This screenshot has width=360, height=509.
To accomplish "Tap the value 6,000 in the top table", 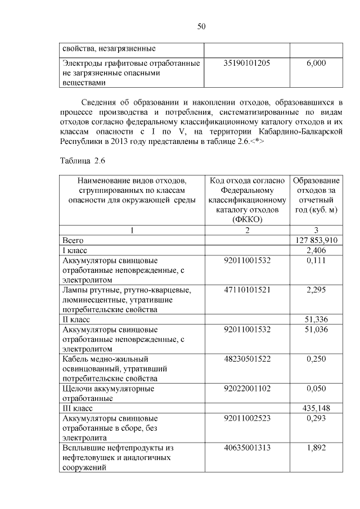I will [316, 64].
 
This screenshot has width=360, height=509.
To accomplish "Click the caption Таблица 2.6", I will [83, 161].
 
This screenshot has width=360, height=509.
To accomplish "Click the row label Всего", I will [73, 240].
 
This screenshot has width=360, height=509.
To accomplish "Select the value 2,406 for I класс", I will [316, 250].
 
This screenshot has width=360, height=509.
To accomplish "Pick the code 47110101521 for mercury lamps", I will [247, 290].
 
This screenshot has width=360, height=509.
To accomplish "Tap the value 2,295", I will [316, 290].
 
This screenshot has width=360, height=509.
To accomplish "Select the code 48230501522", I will [247, 359].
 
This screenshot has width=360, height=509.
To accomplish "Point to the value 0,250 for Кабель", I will [316, 359].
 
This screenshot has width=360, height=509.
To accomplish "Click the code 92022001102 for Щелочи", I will [247, 389].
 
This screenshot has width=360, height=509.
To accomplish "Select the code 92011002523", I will [247, 418].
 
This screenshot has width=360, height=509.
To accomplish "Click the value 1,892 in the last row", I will [316, 448].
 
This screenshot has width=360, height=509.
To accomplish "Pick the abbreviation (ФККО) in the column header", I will [247, 220].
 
